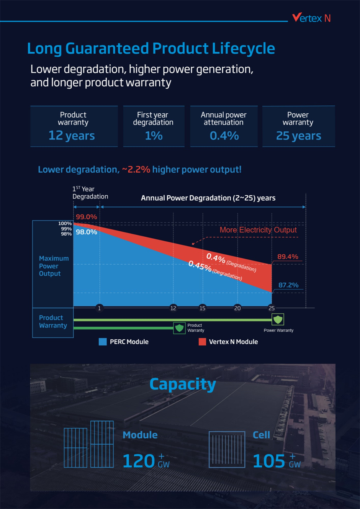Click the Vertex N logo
coord(311,18)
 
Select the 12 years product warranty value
coord(72,136)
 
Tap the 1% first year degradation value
coord(154,136)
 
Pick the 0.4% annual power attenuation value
coord(224,136)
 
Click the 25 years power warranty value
coord(298,136)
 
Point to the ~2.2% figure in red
coord(136,169)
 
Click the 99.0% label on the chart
coord(86,217)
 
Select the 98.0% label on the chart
coord(86,232)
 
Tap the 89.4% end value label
coord(288,257)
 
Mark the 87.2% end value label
coord(288,285)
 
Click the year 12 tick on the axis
coord(173,308)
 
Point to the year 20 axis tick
coord(237,308)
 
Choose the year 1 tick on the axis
coord(99,308)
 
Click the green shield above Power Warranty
coord(278,319)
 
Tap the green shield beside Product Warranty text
coord(179,328)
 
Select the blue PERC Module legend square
coord(103,342)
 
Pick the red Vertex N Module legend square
coord(202,342)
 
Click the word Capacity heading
coord(183,384)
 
